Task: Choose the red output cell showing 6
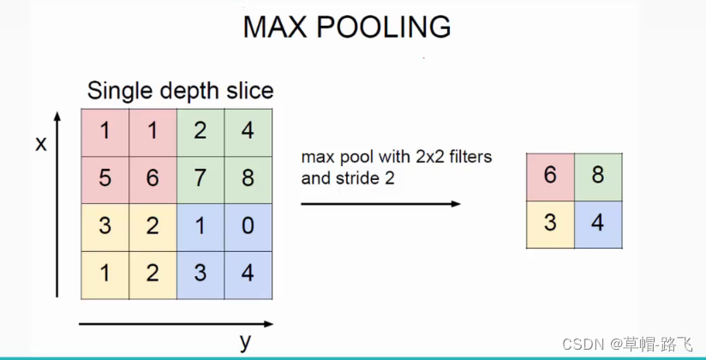tap(550, 177)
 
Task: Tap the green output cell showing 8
tap(598, 177)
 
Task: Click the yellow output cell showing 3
tap(550, 225)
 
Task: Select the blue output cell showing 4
tap(598, 225)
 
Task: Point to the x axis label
tap(40, 144)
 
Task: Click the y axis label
tap(246, 343)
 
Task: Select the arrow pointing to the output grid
tap(380, 203)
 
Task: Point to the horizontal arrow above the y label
tap(176, 324)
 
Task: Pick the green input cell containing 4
tap(248, 133)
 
